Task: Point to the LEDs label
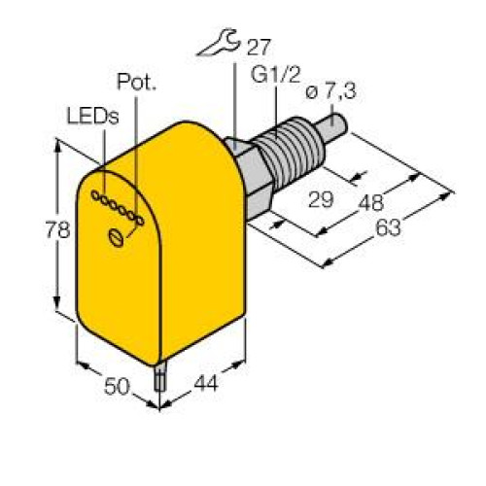tap(92, 117)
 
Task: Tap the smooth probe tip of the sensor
tap(334, 124)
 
